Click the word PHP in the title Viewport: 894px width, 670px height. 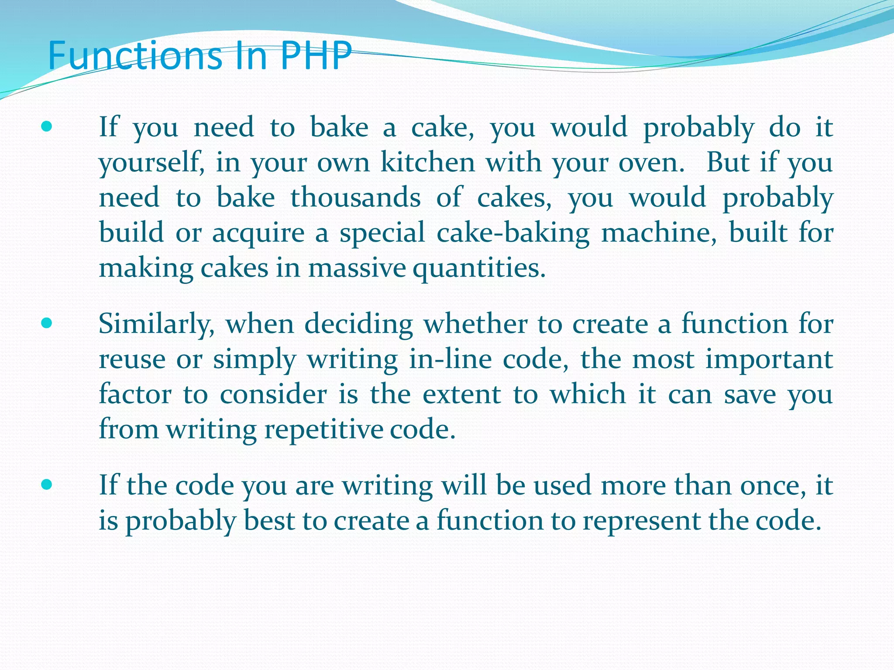pos(316,55)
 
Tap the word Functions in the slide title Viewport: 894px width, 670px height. pos(135,55)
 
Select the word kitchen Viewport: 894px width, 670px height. pos(428,162)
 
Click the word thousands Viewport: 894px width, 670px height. pos(355,198)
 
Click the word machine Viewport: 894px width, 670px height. pos(659,232)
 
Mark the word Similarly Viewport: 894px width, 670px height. pos(157,325)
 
